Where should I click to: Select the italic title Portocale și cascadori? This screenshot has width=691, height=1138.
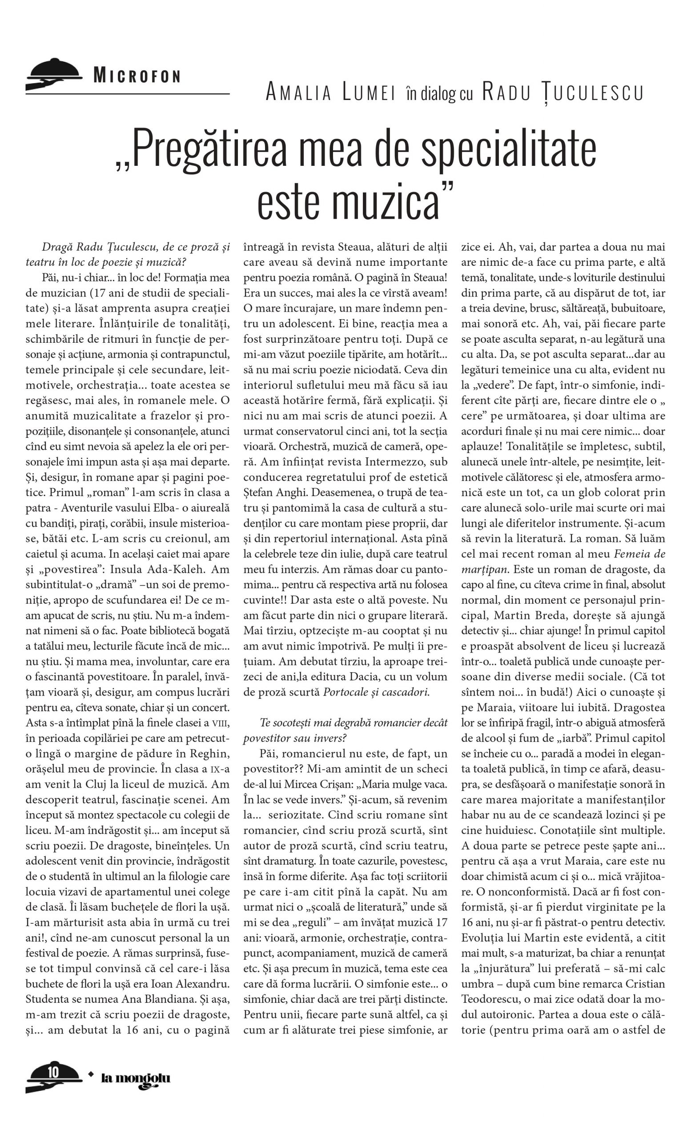[376, 692]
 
